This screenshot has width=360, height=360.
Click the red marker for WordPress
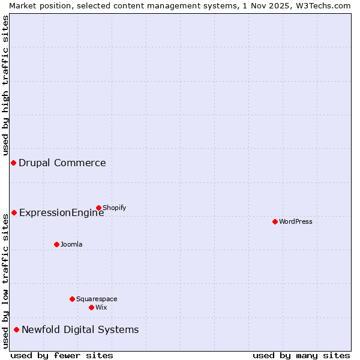click(x=275, y=221)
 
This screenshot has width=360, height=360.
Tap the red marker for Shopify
click(x=98, y=208)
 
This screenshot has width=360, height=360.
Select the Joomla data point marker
click(x=56, y=244)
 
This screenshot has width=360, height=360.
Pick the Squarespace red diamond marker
click(x=72, y=299)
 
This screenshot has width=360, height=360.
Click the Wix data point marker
click(x=91, y=307)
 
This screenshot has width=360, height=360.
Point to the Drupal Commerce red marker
click(x=13, y=163)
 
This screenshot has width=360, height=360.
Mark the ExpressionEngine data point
click(x=14, y=212)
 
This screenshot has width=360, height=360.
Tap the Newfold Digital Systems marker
click(x=16, y=329)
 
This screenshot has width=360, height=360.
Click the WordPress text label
click(x=296, y=221)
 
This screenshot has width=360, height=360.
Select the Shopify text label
click(x=115, y=208)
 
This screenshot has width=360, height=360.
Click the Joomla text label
click(x=71, y=244)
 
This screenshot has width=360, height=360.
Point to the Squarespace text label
click(x=97, y=299)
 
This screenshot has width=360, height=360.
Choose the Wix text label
click(x=101, y=307)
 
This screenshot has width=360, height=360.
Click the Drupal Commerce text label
click(x=62, y=163)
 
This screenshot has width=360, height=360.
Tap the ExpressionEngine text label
click(x=62, y=212)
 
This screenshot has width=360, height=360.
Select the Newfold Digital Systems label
click(x=80, y=329)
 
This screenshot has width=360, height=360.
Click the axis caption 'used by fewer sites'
click(x=62, y=355)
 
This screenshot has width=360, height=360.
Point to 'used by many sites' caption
click(x=301, y=355)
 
